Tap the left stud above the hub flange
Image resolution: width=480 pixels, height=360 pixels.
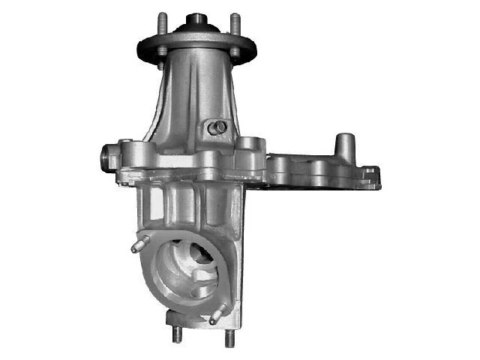tap(160, 22)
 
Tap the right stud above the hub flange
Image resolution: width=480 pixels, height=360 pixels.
tap(234, 22)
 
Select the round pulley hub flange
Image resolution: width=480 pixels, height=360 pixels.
tap(196, 41)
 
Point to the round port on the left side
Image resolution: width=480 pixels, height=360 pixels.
tap(106, 158)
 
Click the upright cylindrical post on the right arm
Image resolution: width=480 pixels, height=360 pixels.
tap(344, 145)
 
